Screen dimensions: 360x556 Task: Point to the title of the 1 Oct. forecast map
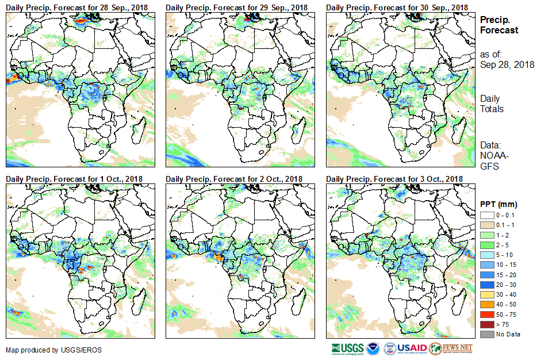coord(74,179)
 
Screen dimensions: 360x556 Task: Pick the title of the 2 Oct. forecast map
coord(234,179)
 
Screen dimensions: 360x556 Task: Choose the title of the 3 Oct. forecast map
coord(394,179)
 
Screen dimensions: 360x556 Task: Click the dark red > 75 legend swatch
coord(486,324)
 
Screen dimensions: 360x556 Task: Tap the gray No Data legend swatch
coord(486,334)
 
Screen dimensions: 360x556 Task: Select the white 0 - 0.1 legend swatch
coord(486,215)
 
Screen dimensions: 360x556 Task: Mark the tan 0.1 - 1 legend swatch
coord(486,225)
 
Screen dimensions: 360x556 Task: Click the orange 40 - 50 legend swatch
coord(486,304)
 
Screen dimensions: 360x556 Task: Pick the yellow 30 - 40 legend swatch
coord(486,294)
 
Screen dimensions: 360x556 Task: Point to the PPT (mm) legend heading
coord(499,204)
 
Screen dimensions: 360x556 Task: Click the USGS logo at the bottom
coord(348,348)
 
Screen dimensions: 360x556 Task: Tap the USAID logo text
coord(412,348)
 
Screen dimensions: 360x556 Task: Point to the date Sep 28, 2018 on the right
coord(507,64)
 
